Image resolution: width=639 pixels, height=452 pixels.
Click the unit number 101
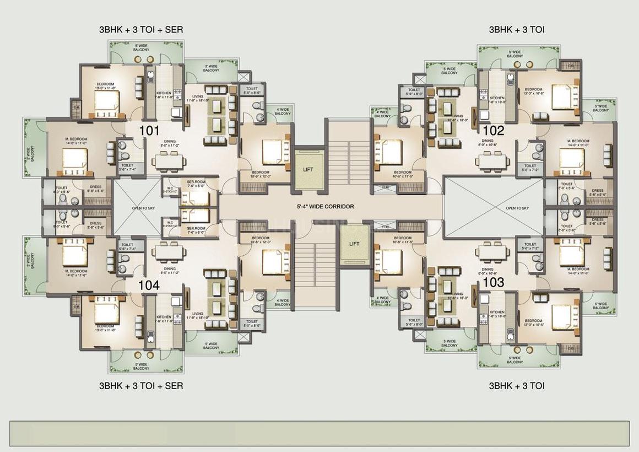(149, 131)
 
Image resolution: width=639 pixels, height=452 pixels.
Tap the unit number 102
(494, 131)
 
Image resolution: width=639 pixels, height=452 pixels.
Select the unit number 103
(494, 282)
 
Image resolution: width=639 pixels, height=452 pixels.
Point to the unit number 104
(149, 285)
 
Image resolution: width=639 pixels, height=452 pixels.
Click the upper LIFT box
(308, 169)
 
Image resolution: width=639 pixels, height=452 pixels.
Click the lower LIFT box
(355, 244)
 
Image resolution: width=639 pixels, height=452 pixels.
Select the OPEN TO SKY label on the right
(517, 208)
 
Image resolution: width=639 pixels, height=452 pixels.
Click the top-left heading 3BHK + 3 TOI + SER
(141, 29)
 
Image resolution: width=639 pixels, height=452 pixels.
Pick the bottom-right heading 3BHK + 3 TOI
(517, 386)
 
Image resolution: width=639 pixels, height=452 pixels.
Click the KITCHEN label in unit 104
(164, 318)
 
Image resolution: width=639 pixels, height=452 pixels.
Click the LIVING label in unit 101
(191, 96)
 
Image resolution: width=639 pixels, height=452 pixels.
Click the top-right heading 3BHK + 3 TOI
(517, 29)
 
